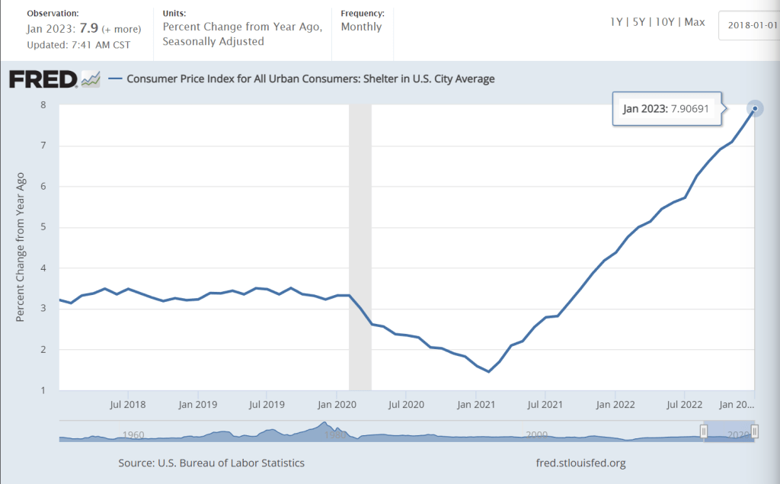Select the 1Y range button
616,22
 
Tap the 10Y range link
666,22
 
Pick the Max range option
695,22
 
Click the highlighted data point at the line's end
754,108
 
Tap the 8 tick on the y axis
43,105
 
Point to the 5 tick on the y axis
43,227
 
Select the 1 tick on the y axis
43,390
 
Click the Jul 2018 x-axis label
128,404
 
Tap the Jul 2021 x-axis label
545,404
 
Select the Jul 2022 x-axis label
683,404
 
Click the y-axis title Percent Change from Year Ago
21,247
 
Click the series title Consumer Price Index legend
310,79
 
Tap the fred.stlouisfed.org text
581,463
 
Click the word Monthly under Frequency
361,27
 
